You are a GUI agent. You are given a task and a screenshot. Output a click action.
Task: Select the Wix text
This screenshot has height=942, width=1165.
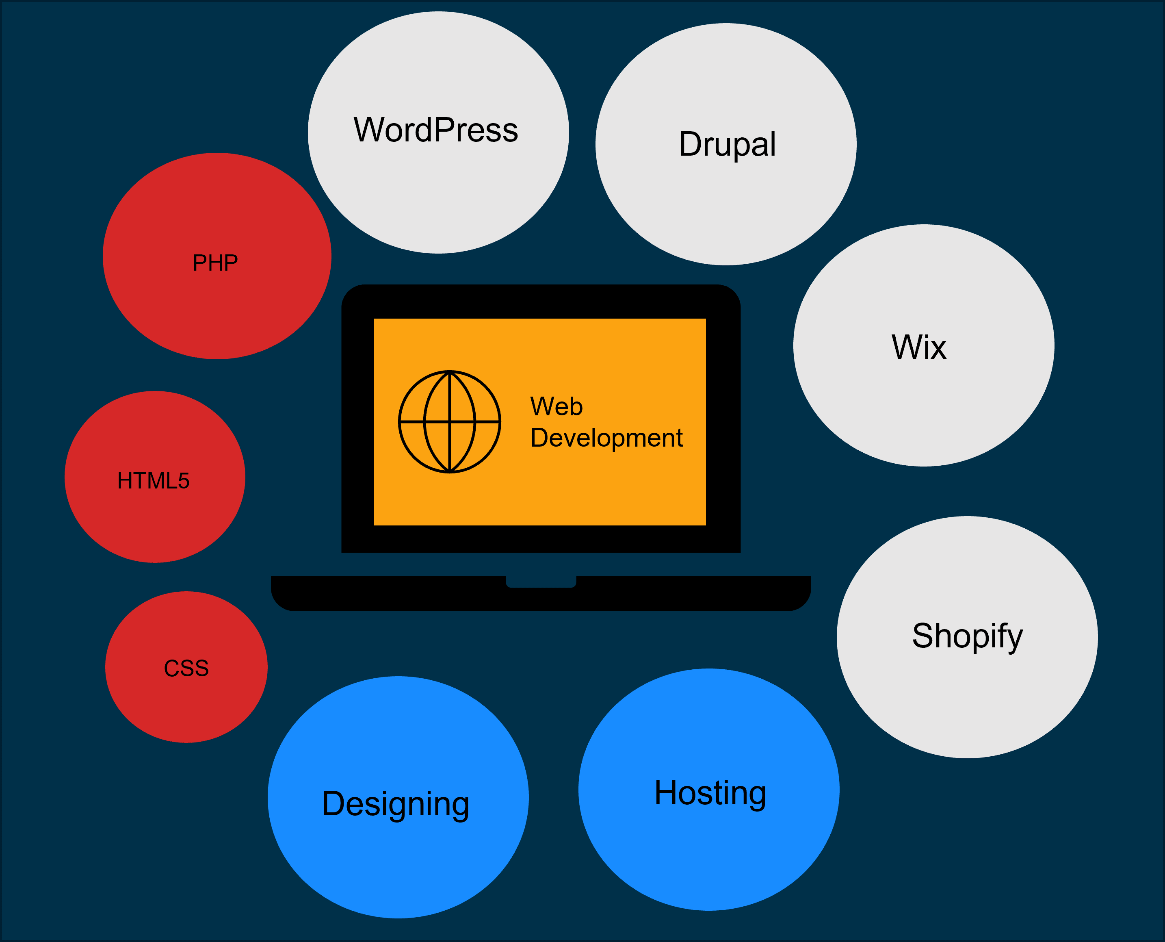coord(919,347)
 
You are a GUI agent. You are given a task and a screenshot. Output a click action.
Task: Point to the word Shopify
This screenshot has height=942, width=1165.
coord(967,636)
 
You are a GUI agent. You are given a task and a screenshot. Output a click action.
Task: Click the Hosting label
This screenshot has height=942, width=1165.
coord(710,793)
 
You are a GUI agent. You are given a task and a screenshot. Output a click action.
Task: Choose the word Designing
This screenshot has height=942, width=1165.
coord(395,804)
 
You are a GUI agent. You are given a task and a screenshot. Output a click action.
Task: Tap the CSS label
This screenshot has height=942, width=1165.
coord(186,669)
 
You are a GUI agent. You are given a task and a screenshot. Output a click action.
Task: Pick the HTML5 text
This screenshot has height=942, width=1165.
coord(154,481)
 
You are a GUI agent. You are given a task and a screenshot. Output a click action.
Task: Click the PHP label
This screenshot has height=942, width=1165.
coord(215,263)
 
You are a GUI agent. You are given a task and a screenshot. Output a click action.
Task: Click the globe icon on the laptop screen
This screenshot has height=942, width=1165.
coord(450,421)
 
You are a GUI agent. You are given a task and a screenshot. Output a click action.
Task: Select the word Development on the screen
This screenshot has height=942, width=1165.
coord(606,438)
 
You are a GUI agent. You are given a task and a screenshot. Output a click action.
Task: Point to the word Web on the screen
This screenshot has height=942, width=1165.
coord(557,406)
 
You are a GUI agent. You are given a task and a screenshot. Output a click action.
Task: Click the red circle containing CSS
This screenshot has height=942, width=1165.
coord(186,705)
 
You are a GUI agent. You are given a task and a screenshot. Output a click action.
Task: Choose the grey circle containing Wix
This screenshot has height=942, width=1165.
coord(924,412)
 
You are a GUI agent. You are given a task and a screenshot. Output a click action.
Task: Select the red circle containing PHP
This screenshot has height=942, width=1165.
coord(217,315)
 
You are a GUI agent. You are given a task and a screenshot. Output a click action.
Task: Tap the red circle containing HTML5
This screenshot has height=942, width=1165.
coord(155,521)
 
